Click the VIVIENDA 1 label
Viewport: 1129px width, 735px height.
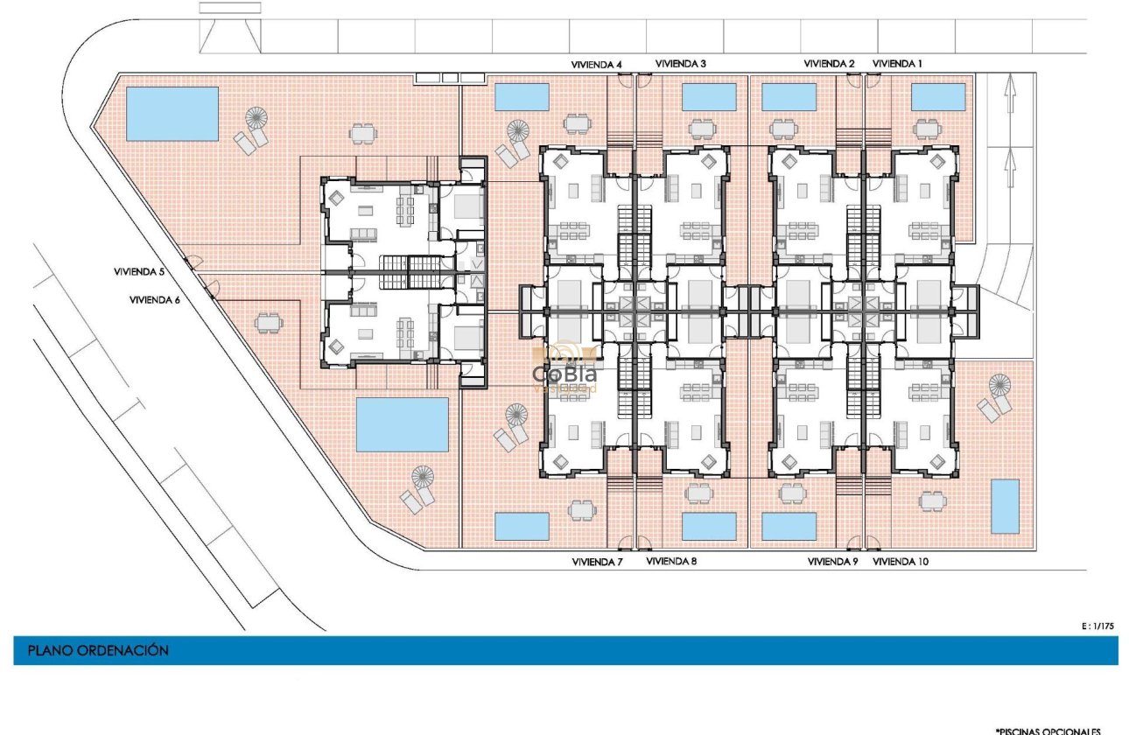click(897, 64)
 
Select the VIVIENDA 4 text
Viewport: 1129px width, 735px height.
click(596, 64)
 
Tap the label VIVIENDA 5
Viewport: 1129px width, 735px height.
click(139, 272)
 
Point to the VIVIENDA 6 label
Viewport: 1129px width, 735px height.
click(154, 299)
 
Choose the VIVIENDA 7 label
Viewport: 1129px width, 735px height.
click(596, 562)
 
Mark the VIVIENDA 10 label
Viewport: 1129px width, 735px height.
click(901, 562)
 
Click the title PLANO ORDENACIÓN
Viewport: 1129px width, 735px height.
click(98, 651)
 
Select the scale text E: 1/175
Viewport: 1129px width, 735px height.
click(1098, 626)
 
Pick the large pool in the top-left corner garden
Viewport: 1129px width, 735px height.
click(172, 114)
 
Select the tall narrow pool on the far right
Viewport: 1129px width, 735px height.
click(1005, 506)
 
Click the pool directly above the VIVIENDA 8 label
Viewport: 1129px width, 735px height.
click(708, 526)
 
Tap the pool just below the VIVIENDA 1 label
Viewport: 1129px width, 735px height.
click(938, 97)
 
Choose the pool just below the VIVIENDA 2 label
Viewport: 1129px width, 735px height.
click(789, 97)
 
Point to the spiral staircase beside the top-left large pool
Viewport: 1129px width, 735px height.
click(257, 117)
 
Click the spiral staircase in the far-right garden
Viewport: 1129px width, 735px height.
click(999, 385)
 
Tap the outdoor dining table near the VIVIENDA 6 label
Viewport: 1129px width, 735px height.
click(269, 323)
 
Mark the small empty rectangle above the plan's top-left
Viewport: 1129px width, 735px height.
click(229, 8)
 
